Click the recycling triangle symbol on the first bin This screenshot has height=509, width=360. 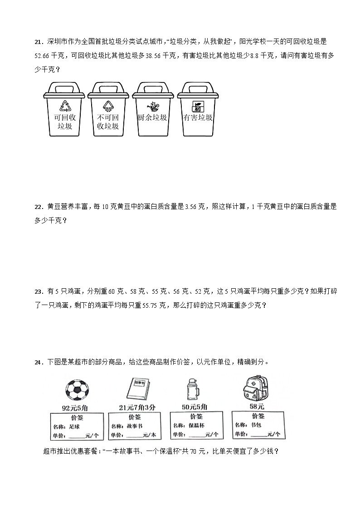pos(66,105)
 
